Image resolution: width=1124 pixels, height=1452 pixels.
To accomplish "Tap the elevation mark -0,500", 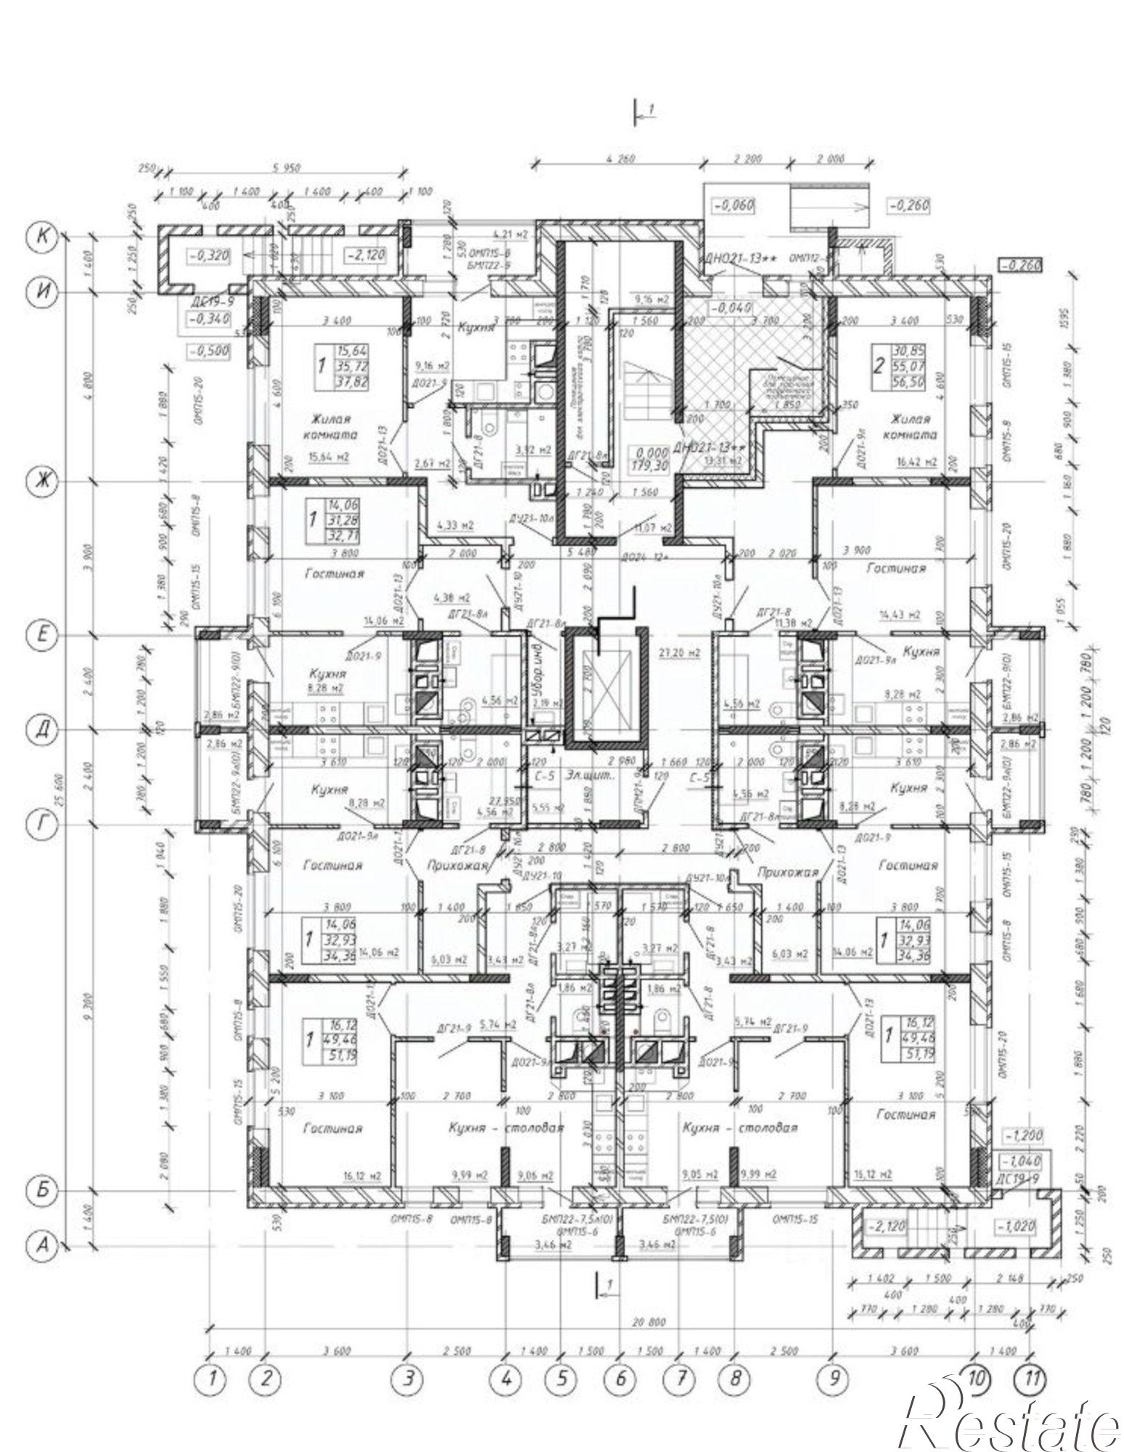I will (x=208, y=351).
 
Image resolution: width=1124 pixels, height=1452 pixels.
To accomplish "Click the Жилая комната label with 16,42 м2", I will (x=908, y=427).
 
